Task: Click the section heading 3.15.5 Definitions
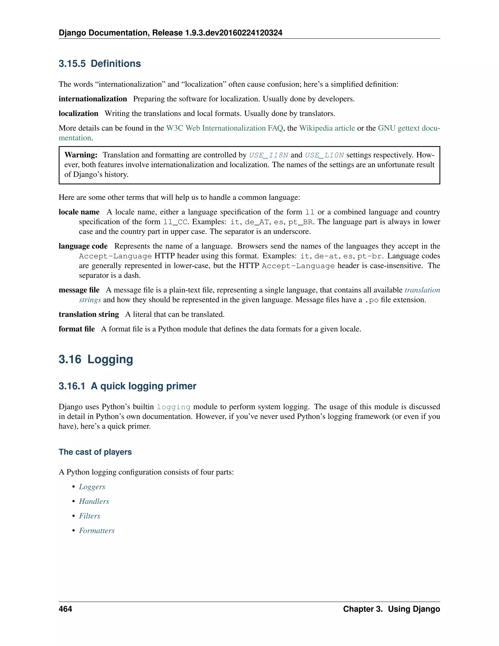click(100, 64)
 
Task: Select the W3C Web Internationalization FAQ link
click(225, 128)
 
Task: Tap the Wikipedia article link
click(327, 128)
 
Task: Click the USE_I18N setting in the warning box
click(269, 155)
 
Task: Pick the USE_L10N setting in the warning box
click(324, 155)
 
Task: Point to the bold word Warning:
click(81, 155)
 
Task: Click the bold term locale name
click(79, 212)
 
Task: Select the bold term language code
click(83, 246)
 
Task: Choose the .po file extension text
click(372, 300)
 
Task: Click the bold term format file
click(77, 329)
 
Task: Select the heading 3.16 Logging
click(96, 359)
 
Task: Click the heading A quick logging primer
click(127, 386)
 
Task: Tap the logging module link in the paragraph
click(173, 407)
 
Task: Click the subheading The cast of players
click(95, 452)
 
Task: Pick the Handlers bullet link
click(94, 501)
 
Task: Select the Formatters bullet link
click(97, 531)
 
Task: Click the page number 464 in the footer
click(65, 609)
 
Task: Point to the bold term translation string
click(89, 314)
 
